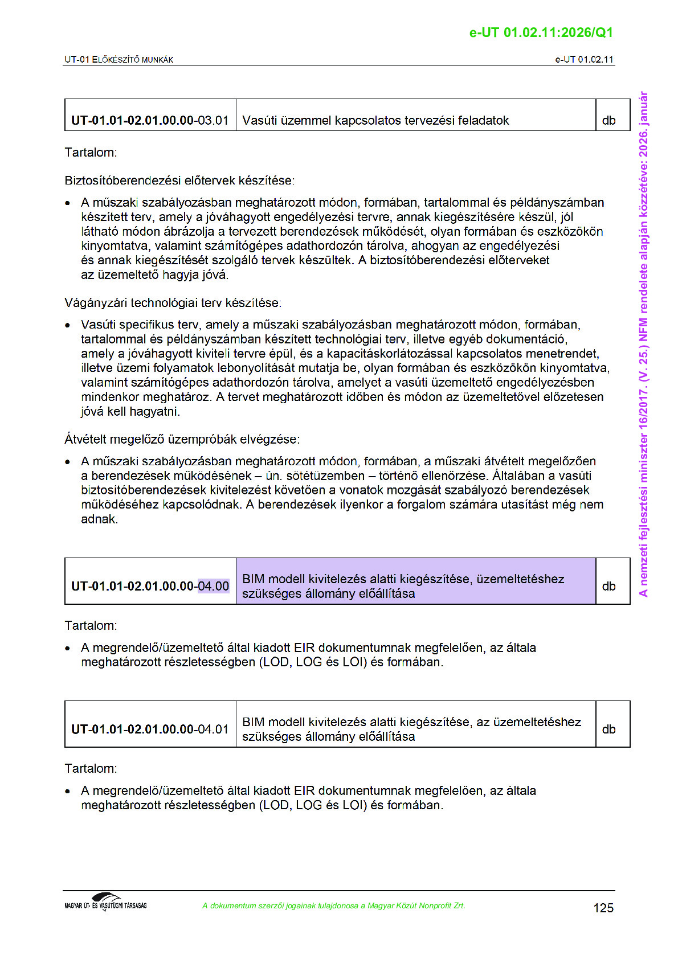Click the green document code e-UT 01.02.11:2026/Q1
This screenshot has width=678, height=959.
[x=541, y=32]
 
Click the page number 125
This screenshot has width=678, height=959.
[x=603, y=908]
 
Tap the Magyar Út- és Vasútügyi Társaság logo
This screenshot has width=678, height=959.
[x=105, y=902]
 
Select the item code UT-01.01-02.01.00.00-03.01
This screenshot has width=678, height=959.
[x=150, y=120]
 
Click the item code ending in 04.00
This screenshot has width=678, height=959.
[x=150, y=586]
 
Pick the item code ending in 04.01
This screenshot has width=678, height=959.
[x=150, y=729]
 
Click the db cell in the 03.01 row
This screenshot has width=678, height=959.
[x=608, y=120]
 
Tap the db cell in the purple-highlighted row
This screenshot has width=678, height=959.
[x=608, y=586]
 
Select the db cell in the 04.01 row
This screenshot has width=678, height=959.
[x=608, y=729]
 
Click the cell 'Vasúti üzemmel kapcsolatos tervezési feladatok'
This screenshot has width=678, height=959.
[x=375, y=120]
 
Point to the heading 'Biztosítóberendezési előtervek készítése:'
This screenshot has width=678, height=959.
[x=179, y=181]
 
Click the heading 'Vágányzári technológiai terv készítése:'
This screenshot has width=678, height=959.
[x=173, y=302]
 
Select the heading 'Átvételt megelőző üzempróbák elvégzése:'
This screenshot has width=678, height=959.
[x=182, y=439]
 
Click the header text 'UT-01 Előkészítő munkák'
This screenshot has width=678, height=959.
[x=119, y=59]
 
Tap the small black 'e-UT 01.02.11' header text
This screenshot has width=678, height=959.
[x=584, y=59]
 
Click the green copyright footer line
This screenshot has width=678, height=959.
[x=333, y=905]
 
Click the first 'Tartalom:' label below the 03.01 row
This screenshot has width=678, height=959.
[x=91, y=152]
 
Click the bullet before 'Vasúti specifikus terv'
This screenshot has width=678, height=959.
[x=68, y=326]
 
